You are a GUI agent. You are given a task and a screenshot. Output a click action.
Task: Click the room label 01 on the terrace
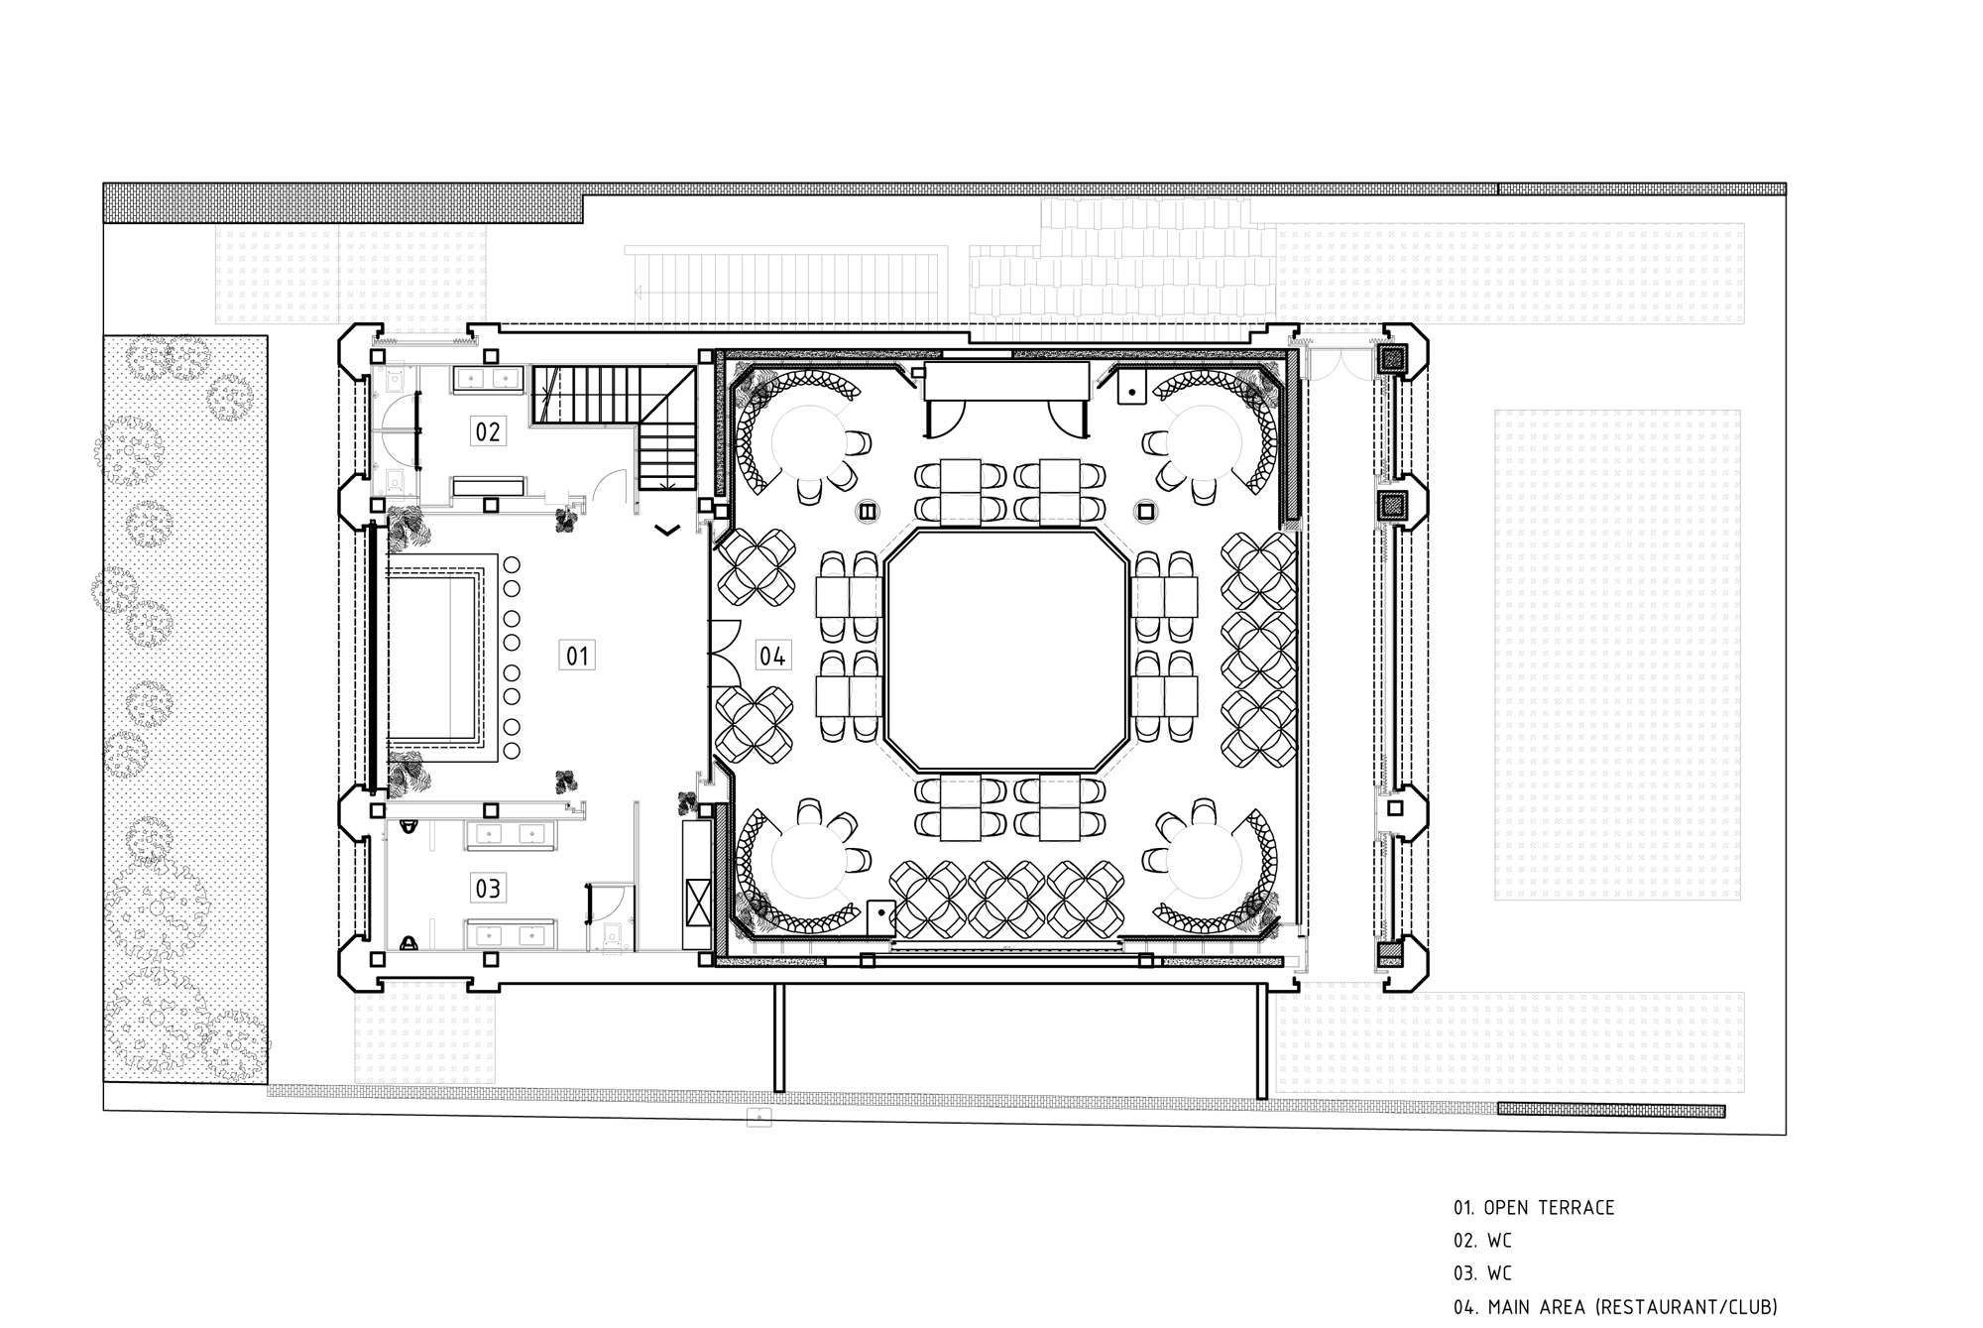click(x=577, y=656)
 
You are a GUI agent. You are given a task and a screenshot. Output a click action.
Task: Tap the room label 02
click(x=488, y=431)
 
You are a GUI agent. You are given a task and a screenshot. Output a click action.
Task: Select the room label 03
click(x=488, y=888)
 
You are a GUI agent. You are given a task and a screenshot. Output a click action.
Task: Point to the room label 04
click(x=772, y=656)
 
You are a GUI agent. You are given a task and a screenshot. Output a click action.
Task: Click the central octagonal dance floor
click(x=1006, y=652)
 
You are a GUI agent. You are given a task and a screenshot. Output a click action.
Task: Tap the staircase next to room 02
click(x=616, y=426)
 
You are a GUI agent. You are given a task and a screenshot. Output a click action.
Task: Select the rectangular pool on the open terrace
click(x=433, y=658)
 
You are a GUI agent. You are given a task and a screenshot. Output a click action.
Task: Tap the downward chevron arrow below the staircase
click(x=667, y=531)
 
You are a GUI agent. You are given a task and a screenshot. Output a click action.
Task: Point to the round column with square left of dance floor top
click(x=868, y=512)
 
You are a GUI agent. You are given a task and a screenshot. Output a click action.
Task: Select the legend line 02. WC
click(x=1482, y=1241)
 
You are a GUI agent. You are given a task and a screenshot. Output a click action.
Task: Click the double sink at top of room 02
click(x=489, y=378)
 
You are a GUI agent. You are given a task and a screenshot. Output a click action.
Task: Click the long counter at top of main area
click(x=1006, y=381)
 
